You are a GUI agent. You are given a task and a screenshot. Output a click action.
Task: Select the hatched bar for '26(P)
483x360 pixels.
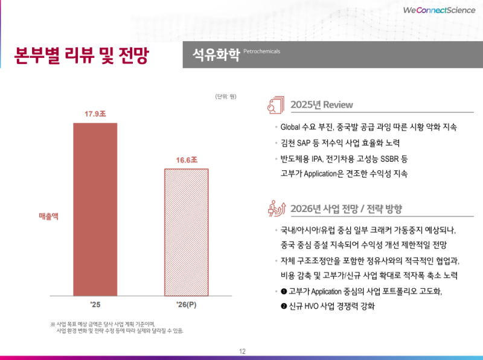click(x=187, y=232)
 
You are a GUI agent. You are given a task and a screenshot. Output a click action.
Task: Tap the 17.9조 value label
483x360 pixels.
click(x=95, y=113)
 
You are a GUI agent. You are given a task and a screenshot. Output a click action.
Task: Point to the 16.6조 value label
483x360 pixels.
click(x=187, y=160)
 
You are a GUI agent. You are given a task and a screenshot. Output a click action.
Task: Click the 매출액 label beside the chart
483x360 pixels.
click(x=48, y=215)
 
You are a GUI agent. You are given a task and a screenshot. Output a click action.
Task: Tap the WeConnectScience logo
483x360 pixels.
click(x=438, y=10)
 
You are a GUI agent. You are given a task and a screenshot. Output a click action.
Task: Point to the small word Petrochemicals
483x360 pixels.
click(x=262, y=51)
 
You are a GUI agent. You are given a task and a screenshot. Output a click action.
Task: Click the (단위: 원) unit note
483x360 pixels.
click(x=225, y=96)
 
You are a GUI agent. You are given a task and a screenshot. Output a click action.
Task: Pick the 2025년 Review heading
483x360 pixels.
click(x=321, y=104)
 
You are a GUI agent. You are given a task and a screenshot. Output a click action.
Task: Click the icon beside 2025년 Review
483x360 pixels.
click(x=275, y=104)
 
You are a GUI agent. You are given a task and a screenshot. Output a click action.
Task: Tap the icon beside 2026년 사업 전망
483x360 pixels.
click(x=275, y=208)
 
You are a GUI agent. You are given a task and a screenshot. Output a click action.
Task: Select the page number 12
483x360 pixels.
click(x=242, y=352)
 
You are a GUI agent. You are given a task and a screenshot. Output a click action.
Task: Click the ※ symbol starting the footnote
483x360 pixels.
click(x=53, y=324)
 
